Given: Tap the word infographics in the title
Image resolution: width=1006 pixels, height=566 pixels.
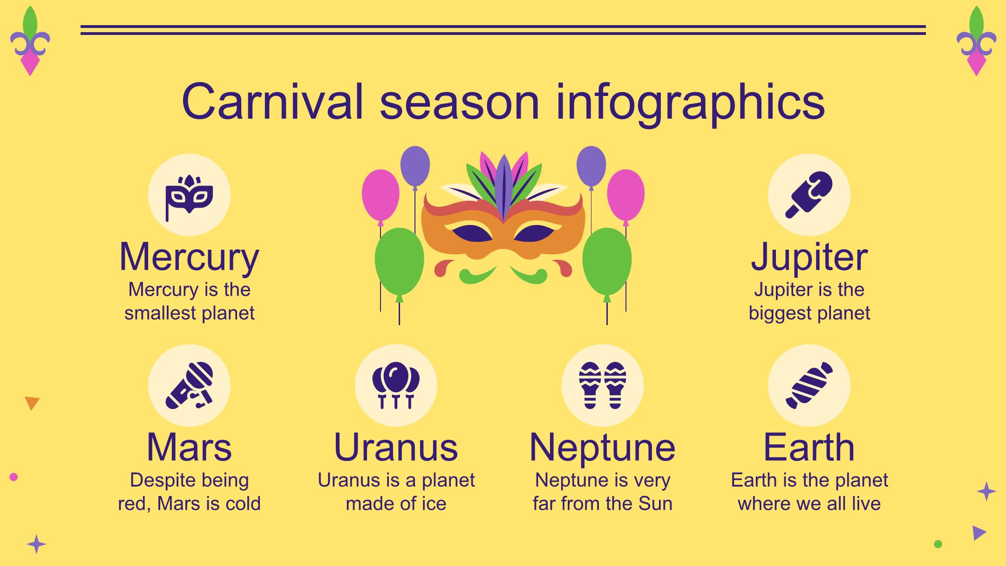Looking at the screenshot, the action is coord(690,103).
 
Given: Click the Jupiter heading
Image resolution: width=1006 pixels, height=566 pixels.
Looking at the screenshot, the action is coord(809,257).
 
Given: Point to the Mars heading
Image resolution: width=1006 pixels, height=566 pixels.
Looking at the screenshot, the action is coord(189,447).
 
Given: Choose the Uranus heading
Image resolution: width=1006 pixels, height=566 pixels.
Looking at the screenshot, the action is coord(396,447).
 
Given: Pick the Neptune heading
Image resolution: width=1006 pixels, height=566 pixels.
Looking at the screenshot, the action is coord(602,448).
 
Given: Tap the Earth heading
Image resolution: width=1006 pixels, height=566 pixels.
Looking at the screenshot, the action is coord(809,447).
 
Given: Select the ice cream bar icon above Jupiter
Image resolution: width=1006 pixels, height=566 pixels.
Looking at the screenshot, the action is coord(809,195).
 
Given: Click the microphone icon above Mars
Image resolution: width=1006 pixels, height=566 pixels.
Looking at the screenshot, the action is coord(189,386).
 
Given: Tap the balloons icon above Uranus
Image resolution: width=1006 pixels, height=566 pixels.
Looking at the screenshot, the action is coord(396,386).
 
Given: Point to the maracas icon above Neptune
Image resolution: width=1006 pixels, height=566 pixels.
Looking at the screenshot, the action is coord(602,386).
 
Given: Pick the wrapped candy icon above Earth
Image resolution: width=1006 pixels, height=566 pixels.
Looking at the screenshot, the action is coord(809,386).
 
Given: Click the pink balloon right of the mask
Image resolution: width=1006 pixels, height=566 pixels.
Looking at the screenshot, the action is coord(626,196).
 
